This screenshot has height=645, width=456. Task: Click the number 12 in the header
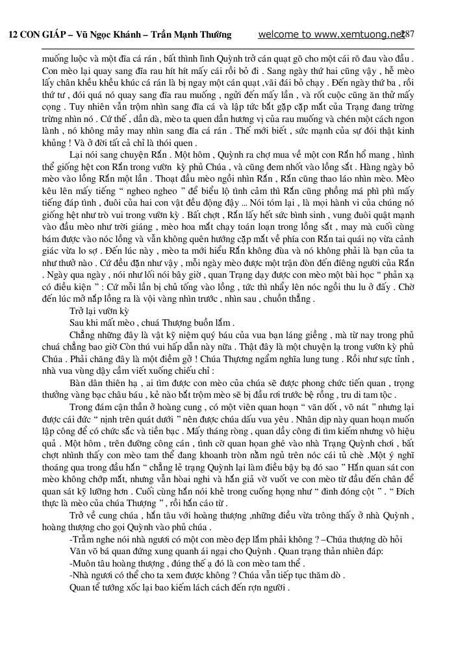click(x=13, y=35)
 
